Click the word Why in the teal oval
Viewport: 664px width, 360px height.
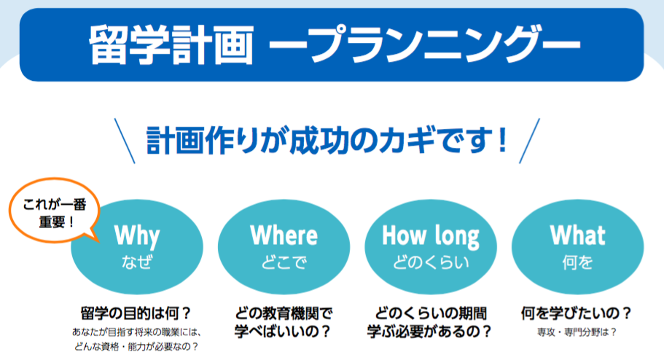(x=137, y=236)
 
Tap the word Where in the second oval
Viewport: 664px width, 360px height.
(x=284, y=235)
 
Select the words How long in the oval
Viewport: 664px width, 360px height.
(x=431, y=236)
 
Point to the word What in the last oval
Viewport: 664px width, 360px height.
(x=577, y=235)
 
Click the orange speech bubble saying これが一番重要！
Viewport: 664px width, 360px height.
(x=54, y=211)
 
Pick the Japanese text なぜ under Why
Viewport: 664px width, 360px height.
(x=137, y=262)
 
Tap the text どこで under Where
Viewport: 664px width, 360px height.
(x=284, y=262)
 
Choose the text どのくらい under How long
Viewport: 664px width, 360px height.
(x=431, y=262)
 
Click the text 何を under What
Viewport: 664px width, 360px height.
(x=577, y=262)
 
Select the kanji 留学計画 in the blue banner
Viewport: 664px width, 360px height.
(x=171, y=45)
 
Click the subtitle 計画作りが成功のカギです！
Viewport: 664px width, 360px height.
(x=327, y=140)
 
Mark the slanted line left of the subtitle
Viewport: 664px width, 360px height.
(x=125, y=141)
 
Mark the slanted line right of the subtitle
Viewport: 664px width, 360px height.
(x=529, y=141)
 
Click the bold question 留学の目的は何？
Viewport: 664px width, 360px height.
(x=136, y=314)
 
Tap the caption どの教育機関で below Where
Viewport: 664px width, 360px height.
(x=284, y=314)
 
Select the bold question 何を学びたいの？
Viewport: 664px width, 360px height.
(x=577, y=314)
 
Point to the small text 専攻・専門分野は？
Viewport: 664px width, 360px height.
(x=577, y=332)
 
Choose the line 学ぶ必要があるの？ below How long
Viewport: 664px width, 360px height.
(x=430, y=331)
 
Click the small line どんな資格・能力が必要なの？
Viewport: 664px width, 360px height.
(x=136, y=347)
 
